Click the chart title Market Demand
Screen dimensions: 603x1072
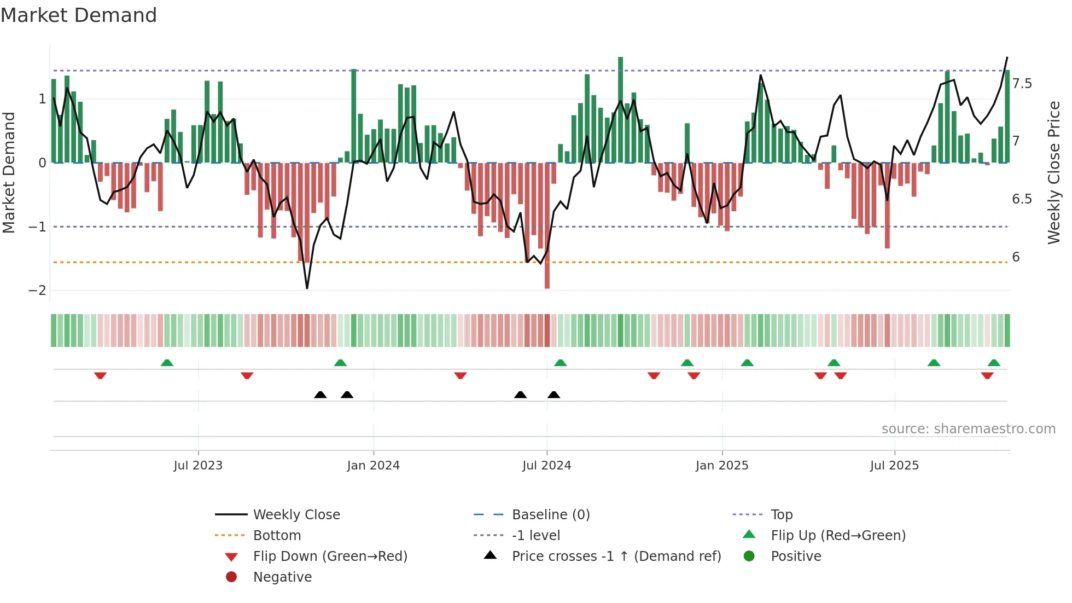click(79, 15)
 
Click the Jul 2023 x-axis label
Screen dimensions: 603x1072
click(198, 466)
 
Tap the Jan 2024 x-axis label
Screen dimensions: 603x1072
click(374, 466)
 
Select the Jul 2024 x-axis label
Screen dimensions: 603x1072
click(546, 466)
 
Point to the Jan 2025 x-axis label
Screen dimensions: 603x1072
click(722, 466)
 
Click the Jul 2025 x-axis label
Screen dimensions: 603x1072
click(894, 466)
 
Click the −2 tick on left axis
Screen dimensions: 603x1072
click(37, 291)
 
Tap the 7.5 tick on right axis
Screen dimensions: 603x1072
click(1022, 84)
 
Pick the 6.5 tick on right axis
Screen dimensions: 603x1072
click(1022, 199)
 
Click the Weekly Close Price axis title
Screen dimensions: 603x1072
click(1053, 172)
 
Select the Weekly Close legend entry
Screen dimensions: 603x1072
click(296, 515)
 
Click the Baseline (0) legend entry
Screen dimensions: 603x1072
click(550, 515)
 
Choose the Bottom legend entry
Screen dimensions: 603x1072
click(277, 536)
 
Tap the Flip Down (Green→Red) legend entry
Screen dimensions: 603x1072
click(330, 556)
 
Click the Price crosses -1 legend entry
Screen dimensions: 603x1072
click(616, 556)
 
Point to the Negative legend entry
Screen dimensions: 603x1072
click(282, 577)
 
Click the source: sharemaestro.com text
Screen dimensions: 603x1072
click(968, 429)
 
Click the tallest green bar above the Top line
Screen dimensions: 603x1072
click(620, 109)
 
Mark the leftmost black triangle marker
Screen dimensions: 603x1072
click(321, 395)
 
